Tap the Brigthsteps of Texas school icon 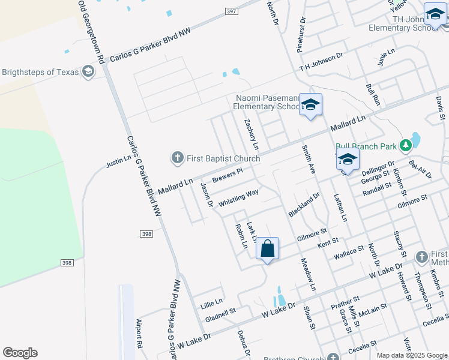tap(88, 72)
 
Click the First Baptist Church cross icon tap(177, 158)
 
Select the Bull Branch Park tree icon tap(406, 145)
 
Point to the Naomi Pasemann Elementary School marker tap(310, 106)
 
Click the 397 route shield tap(231, 11)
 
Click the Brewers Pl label tap(227, 175)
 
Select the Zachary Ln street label tap(252, 134)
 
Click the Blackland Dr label tap(304, 205)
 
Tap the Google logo tap(20, 353)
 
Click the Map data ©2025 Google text tap(411, 355)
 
